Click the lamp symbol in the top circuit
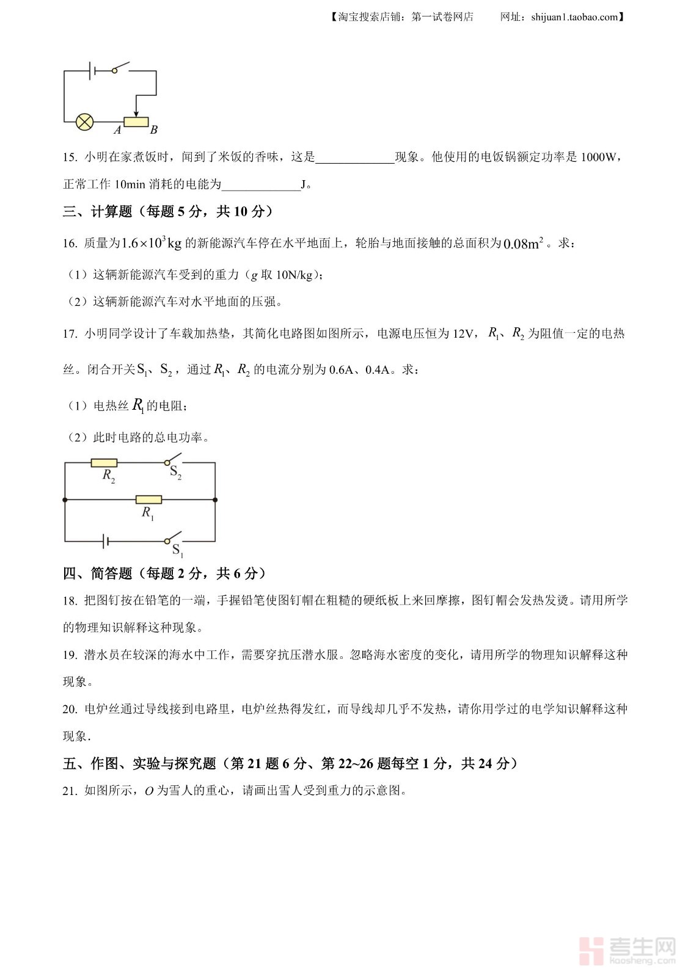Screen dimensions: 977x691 [x=84, y=122]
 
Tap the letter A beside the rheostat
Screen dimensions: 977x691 [x=117, y=129]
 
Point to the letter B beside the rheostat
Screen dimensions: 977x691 [x=154, y=129]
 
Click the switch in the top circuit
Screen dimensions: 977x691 [x=121, y=67]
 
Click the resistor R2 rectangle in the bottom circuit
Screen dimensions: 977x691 [x=104, y=463]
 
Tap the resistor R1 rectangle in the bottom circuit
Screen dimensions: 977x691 [x=148, y=499]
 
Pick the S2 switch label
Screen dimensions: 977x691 [x=175, y=473]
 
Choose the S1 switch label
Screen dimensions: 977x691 [x=177, y=550]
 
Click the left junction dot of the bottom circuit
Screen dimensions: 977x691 [x=65, y=499]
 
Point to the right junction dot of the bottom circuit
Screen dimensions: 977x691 [x=215, y=499]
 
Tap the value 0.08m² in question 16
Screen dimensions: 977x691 [x=523, y=244]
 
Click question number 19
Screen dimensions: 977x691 [x=70, y=655]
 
